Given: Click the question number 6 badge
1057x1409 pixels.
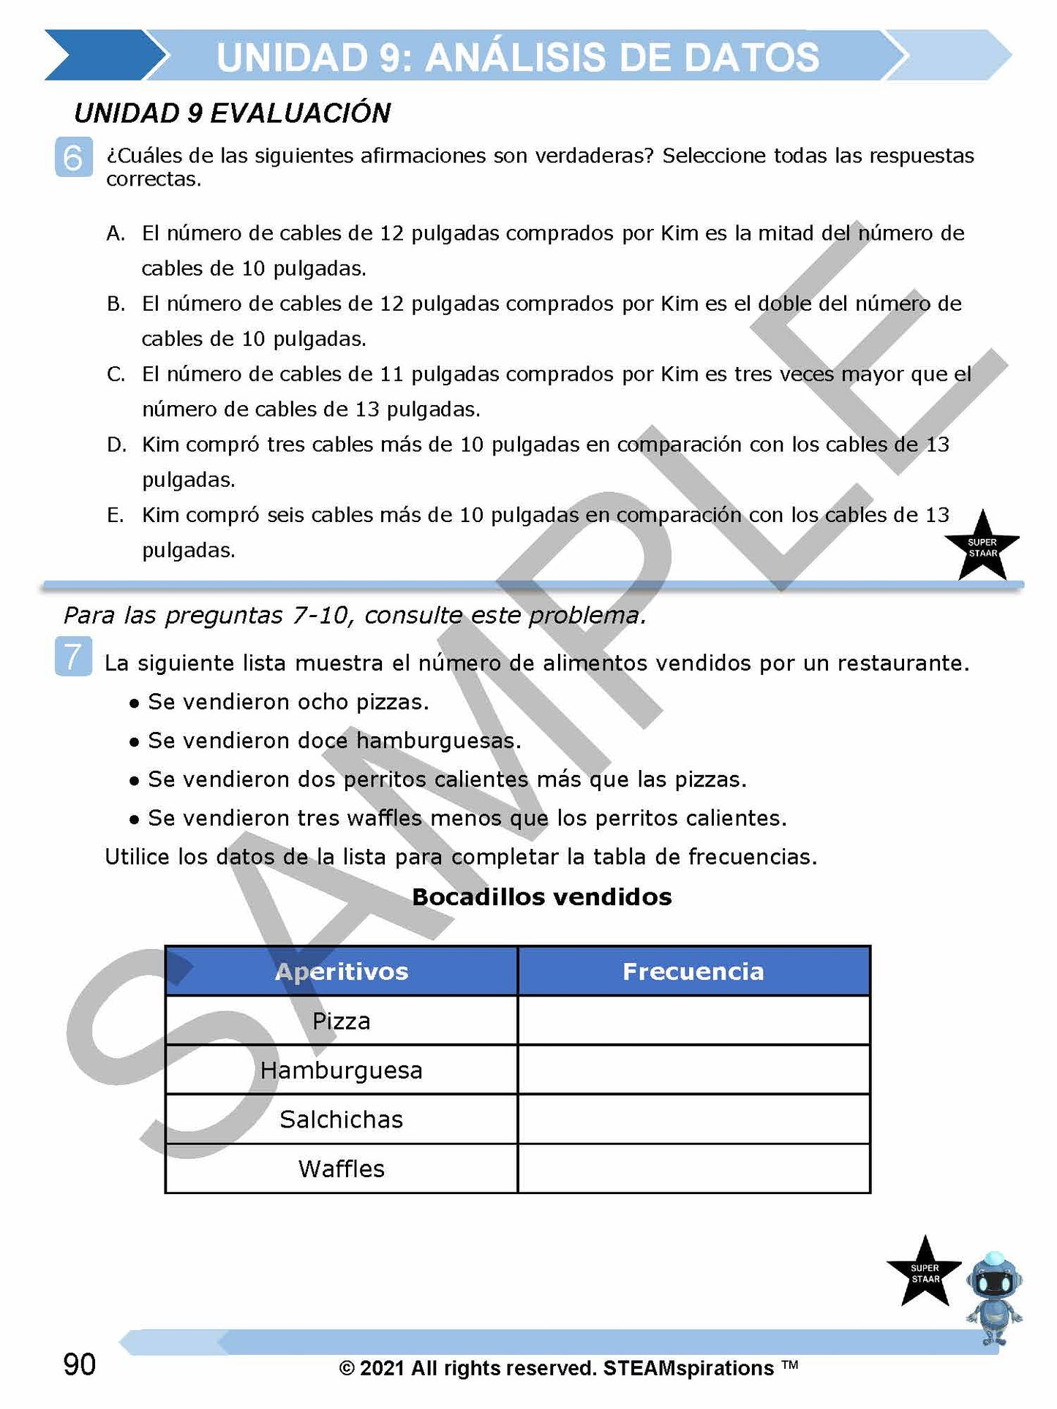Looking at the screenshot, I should tap(74, 157).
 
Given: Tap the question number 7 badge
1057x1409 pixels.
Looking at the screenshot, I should tap(73, 656).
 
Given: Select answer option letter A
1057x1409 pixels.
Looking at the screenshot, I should tap(116, 233).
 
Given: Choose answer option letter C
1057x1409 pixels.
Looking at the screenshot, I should tap(116, 374).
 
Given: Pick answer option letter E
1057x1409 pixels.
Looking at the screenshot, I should tap(116, 515).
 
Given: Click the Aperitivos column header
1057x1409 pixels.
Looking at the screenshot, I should tap(341, 971).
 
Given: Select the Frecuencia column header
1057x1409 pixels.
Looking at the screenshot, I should tap(693, 971).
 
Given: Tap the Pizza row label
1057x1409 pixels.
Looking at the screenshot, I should tap(341, 1021).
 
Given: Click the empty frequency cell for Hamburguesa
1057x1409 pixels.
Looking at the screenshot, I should tap(693, 1070).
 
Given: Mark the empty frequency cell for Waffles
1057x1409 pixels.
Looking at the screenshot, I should tap(693, 1168).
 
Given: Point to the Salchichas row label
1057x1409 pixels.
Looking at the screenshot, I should tap(341, 1119).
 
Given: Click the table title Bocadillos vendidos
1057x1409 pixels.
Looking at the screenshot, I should tap(541, 897).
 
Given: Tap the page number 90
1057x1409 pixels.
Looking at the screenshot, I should tap(79, 1364).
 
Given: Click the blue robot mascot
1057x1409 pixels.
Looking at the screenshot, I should tap(993, 1298).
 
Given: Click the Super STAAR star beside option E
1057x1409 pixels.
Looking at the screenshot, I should tap(982, 547).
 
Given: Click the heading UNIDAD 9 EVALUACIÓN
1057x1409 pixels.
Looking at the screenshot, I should tap(232, 113).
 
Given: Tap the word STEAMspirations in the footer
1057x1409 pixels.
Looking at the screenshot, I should tap(688, 1368).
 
